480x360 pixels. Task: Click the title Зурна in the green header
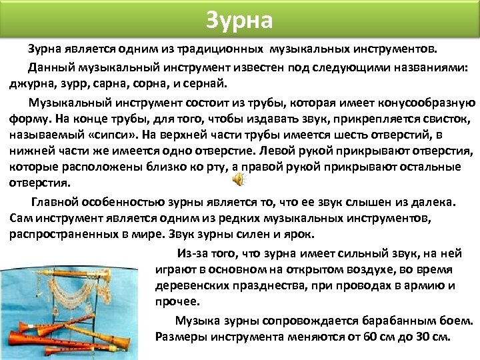point(239,20)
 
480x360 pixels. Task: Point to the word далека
point(433,201)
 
